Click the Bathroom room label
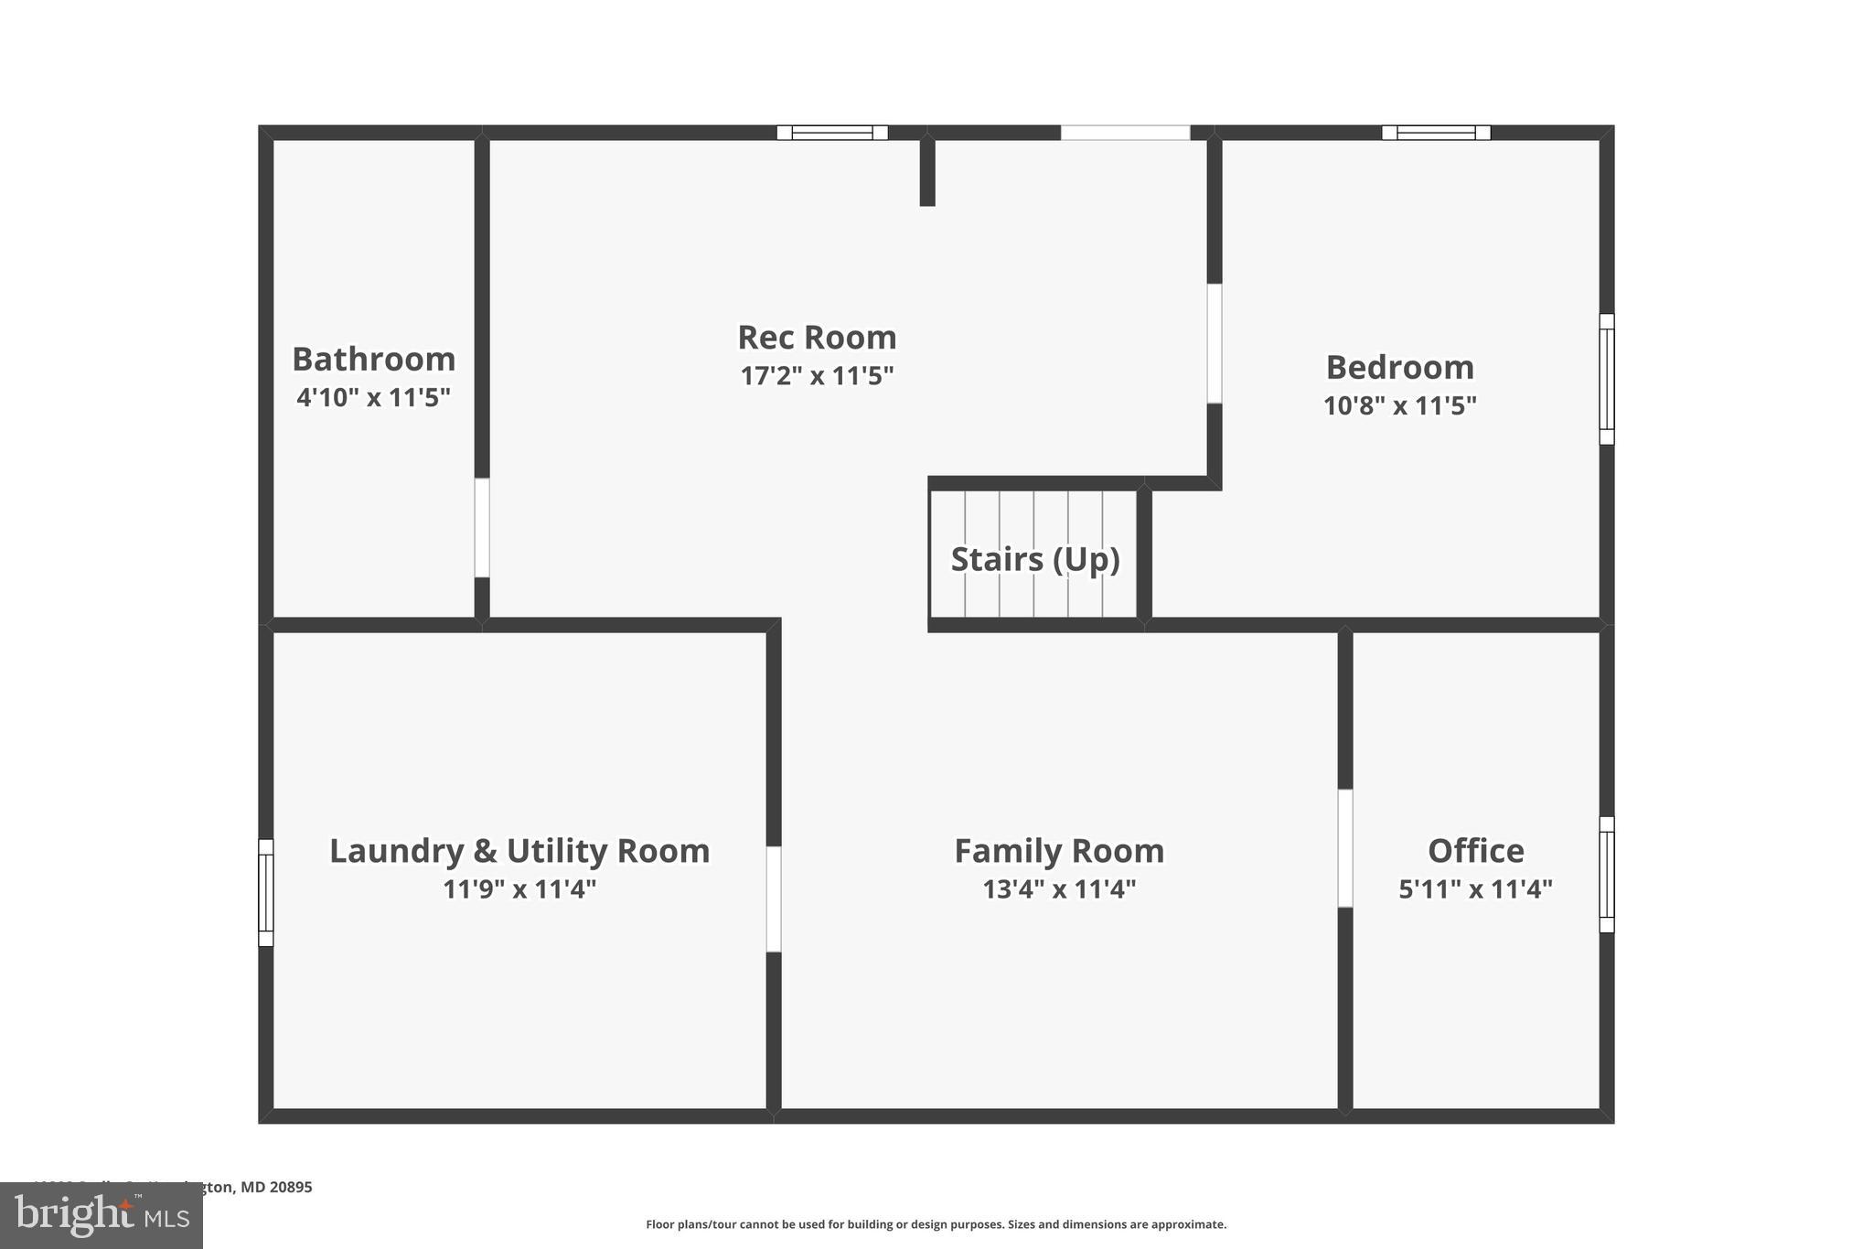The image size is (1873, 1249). point(373,360)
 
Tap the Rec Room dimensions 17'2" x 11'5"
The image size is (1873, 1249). point(817,376)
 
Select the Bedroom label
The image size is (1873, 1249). point(1399,368)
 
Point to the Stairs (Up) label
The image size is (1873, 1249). point(1034,559)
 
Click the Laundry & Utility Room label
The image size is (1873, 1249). point(519,851)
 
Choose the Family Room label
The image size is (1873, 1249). point(1059,851)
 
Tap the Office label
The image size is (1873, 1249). point(1475,851)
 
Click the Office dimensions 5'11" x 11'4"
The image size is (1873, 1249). point(1475,889)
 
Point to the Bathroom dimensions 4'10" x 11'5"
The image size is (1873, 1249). point(373,398)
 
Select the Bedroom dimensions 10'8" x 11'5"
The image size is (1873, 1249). point(1399,405)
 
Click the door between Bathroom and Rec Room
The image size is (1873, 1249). point(482,528)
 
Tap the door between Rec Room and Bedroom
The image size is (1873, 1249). point(1215,344)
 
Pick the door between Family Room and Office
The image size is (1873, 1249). point(1345,848)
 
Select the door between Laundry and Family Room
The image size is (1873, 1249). point(774,899)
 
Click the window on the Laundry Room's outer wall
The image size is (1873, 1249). point(266,893)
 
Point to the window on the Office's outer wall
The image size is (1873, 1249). point(1607,875)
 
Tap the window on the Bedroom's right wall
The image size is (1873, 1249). point(1607,380)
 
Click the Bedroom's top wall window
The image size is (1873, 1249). point(1436,133)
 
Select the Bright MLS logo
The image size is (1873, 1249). point(102,1216)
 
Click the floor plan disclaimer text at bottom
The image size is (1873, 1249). point(936,1224)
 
